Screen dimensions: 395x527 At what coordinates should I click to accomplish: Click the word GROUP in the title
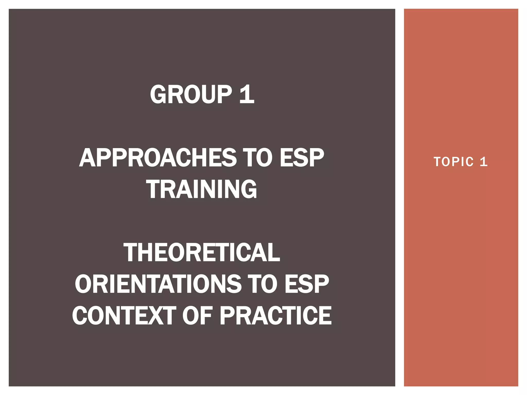[191, 94]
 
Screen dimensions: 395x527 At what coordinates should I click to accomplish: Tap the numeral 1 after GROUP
[247, 94]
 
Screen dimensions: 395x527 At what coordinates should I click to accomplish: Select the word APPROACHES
[158, 158]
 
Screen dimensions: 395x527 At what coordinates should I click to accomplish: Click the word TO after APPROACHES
[258, 158]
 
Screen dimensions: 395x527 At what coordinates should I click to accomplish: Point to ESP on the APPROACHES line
[302, 158]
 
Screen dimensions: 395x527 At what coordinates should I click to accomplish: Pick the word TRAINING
[201, 189]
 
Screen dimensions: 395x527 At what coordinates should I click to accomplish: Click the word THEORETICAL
[201, 253]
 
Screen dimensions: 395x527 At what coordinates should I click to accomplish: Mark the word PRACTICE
[276, 316]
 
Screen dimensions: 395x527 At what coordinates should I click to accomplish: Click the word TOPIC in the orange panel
[453, 162]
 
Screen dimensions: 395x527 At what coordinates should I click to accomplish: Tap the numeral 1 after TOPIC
[484, 162]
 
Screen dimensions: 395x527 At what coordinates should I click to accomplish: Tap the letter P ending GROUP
[224, 94]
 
